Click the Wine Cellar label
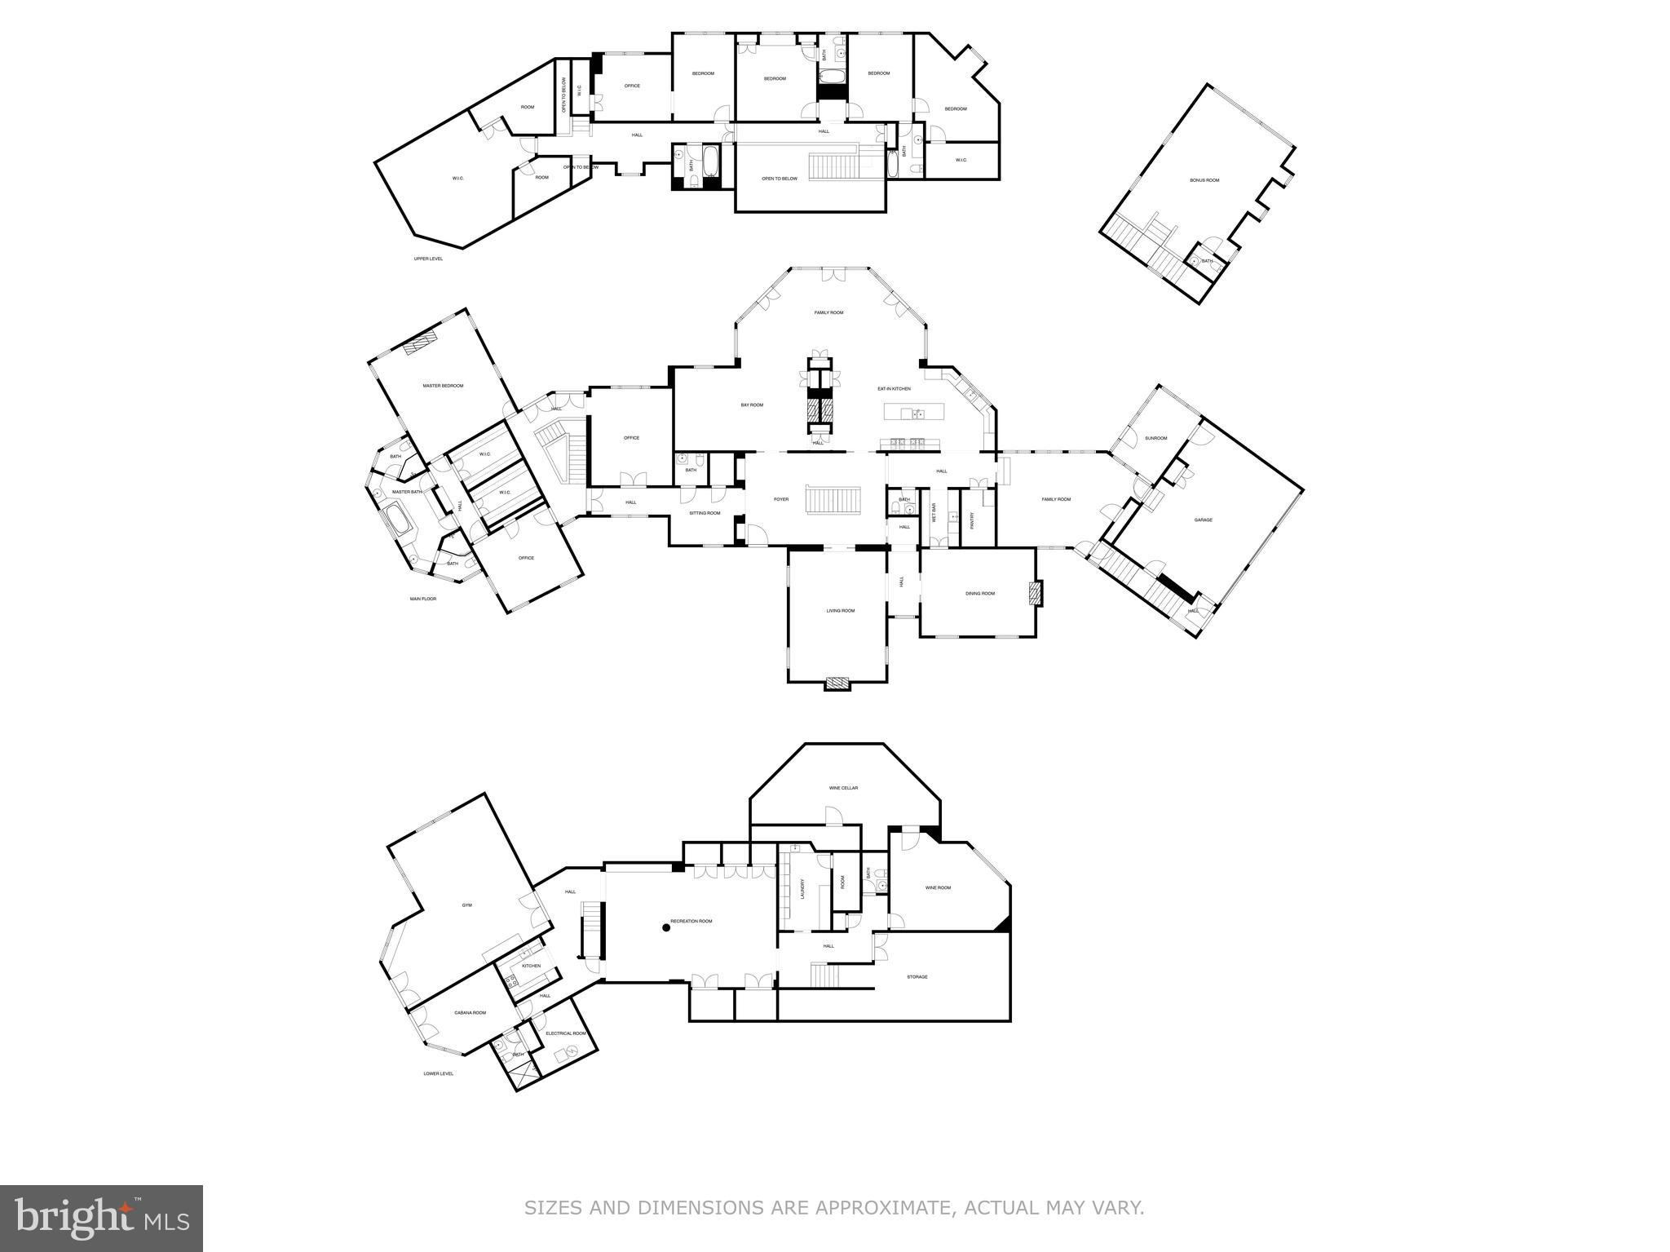tap(843, 788)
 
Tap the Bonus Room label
tap(1204, 180)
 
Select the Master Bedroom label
tap(443, 386)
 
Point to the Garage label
tap(1203, 520)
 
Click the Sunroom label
tap(1155, 438)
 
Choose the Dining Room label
tap(980, 594)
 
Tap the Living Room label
tap(841, 610)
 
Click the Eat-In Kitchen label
tap(894, 389)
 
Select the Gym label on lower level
tap(467, 905)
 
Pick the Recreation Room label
tap(691, 921)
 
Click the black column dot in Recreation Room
tap(666, 927)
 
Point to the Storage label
tap(917, 976)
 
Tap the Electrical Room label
tap(566, 1033)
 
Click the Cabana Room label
tap(470, 1013)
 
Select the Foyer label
tap(780, 499)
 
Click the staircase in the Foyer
tap(833, 499)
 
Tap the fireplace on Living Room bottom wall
tap(837, 684)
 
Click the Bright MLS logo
tap(101, 1218)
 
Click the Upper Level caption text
tap(428, 259)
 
